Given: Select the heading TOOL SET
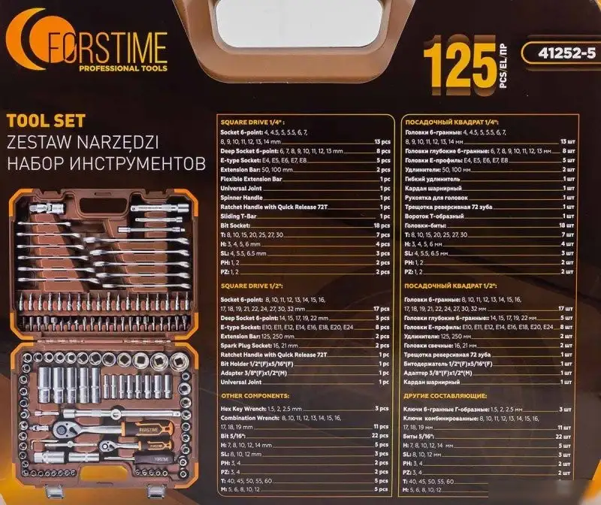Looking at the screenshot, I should (x=46, y=120).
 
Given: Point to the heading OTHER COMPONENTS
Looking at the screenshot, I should (x=253, y=396).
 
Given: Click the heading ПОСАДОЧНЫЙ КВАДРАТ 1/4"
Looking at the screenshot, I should (x=452, y=122).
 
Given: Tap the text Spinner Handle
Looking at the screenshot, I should (x=241, y=198).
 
